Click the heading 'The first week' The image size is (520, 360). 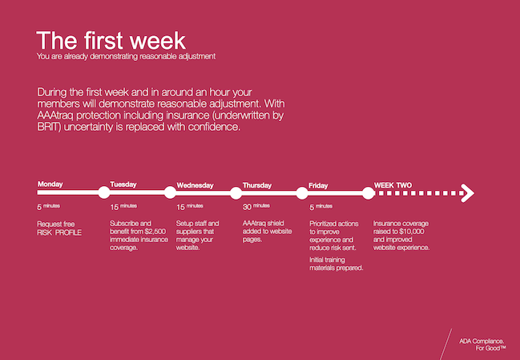(x=111, y=40)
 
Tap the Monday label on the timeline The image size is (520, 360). (x=50, y=184)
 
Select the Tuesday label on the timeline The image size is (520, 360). (x=123, y=184)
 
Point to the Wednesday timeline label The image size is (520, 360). (x=195, y=185)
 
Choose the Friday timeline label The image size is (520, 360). (x=318, y=185)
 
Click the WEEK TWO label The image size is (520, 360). (x=393, y=185)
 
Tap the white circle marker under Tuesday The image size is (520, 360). (x=103, y=192)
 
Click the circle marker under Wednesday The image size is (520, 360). (x=170, y=192)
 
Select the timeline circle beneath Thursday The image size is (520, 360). (x=236, y=192)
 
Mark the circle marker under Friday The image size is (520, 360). (x=302, y=192)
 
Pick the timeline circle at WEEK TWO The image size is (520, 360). (x=368, y=192)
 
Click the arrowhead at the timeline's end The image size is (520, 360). (x=469, y=192)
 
